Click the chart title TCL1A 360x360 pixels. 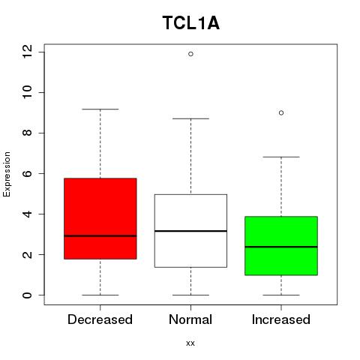[x=191, y=23]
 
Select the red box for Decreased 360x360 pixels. [x=100, y=218]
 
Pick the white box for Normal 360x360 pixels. [x=190, y=231]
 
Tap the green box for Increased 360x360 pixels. [x=281, y=246]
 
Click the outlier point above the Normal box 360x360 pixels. [x=190, y=54]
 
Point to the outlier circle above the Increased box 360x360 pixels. [x=281, y=113]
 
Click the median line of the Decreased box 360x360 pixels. [x=100, y=235]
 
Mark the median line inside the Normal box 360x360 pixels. [x=190, y=231]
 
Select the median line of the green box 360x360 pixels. [x=281, y=247]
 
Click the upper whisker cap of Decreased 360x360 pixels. [x=100, y=109]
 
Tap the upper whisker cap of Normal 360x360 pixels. [x=190, y=118]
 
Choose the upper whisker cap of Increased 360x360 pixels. [x=281, y=157]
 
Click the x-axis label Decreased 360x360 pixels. [x=100, y=319]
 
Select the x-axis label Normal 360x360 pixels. [x=190, y=319]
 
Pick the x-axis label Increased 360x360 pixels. [x=281, y=319]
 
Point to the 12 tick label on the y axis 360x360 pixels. [x=27, y=52]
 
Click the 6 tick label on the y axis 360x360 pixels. [x=27, y=173]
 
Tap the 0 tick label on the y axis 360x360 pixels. [x=27, y=295]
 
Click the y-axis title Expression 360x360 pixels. [x=7, y=175]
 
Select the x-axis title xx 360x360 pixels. [x=190, y=343]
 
